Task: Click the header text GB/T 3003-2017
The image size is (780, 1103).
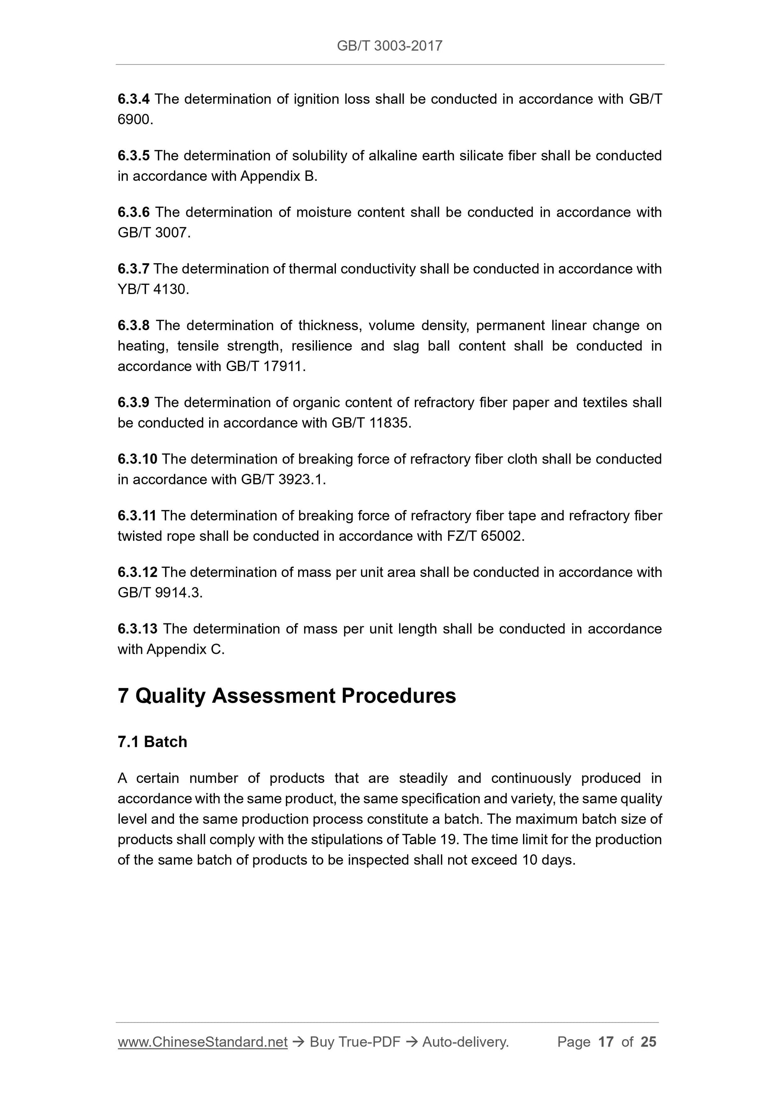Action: coord(389,46)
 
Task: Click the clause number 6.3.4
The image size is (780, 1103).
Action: coord(133,99)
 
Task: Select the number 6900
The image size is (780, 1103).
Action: coord(134,120)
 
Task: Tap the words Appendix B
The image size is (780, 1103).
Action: coord(278,176)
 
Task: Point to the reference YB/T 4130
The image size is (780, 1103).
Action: coord(152,289)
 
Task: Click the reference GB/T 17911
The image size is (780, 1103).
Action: coord(265,367)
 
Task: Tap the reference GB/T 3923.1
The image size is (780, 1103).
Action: coord(283,480)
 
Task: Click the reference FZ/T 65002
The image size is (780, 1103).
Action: coord(483,536)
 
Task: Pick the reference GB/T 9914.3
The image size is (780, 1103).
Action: coord(159,593)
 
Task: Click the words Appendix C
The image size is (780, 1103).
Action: coord(185,649)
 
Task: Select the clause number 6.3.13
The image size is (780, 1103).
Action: coord(137,629)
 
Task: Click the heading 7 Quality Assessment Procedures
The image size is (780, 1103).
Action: coord(287,696)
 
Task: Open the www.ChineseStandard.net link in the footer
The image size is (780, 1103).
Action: coord(202,1042)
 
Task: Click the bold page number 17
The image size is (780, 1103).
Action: coord(606,1042)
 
